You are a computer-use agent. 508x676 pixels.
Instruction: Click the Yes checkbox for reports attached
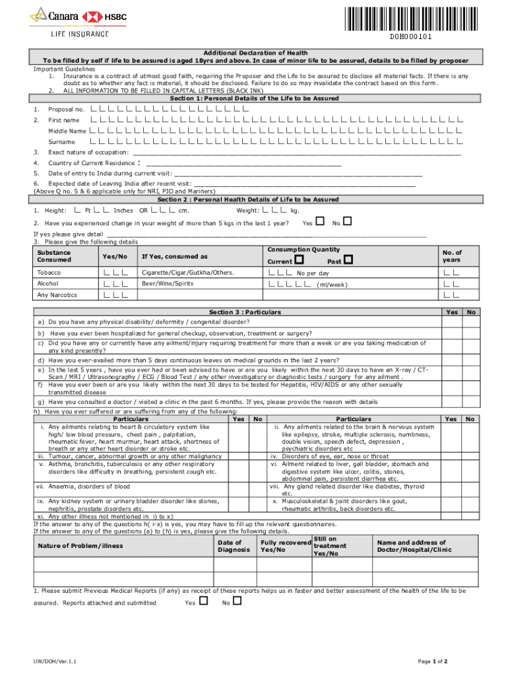point(203,601)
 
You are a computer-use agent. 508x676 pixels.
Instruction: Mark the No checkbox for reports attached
point(238,601)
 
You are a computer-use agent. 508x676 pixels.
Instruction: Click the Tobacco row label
point(49,273)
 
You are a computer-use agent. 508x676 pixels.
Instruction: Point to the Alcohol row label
point(48,284)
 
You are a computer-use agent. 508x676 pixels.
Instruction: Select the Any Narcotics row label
point(57,295)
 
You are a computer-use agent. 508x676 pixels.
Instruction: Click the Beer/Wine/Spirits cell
point(168,284)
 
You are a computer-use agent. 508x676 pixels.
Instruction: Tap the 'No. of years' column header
point(452,256)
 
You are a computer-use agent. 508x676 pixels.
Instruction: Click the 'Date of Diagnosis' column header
point(234,546)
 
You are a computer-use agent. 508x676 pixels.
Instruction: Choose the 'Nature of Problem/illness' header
point(80,546)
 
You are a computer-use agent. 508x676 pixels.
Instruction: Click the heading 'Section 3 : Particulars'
point(245,312)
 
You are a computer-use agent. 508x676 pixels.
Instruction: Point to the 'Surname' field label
point(61,142)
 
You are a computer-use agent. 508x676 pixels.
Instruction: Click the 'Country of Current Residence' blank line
point(243,164)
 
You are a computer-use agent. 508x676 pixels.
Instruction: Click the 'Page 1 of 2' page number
point(433,661)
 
